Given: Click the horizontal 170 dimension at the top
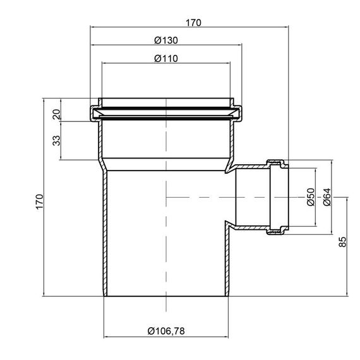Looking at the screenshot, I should coord(193,23).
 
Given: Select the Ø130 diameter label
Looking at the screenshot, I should coord(166,40).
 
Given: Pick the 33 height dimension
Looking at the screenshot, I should coord(55,139).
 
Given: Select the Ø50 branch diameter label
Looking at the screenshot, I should coord(310,197).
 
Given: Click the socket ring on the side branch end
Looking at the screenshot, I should coord(278,197).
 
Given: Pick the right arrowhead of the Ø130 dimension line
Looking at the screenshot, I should coord(240,45).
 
